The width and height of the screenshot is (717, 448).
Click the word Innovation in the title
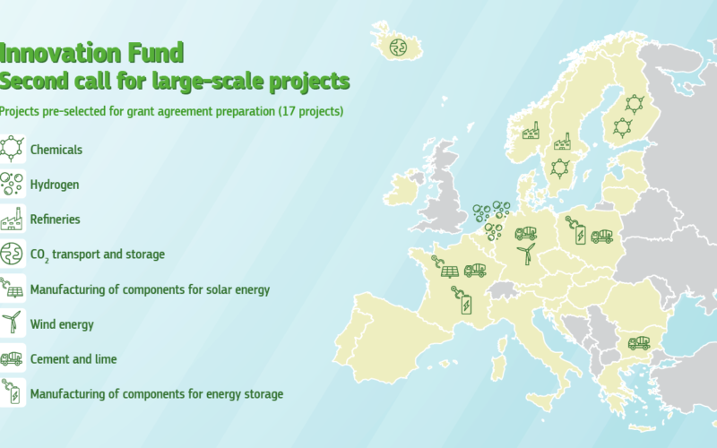tap(60, 53)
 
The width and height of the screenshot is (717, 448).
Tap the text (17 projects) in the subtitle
tap(311, 111)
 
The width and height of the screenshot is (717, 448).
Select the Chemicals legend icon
tap(12, 149)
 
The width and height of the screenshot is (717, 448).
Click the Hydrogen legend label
tap(55, 185)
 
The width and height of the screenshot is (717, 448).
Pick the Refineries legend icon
tap(12, 219)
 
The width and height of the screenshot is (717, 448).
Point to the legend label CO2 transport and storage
tap(98, 254)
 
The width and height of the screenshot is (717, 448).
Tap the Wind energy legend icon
tap(12, 323)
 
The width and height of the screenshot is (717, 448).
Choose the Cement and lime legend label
tap(73, 359)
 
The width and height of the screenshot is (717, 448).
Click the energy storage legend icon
tap(12, 392)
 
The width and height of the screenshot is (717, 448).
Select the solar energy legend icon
tap(12, 288)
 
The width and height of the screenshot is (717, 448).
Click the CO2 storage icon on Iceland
tap(398, 47)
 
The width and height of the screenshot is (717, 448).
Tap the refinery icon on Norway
tap(531, 131)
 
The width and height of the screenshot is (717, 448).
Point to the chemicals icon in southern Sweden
tap(559, 168)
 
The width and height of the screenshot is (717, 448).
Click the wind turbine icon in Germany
tap(526, 254)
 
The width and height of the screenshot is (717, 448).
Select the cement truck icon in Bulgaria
tap(639, 342)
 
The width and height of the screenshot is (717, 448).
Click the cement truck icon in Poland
tap(601, 236)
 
